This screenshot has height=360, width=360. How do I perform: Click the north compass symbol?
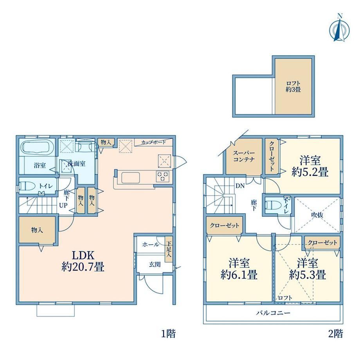point(339,29)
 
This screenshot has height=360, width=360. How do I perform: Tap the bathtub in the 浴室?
point(37,147)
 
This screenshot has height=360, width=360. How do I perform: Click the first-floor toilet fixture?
point(27,185)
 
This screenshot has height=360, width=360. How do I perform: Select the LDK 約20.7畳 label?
point(83,261)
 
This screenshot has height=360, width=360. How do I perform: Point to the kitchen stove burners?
point(163,176)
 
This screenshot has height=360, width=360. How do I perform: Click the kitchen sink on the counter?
point(131,178)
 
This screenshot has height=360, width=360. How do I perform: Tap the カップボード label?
point(153,142)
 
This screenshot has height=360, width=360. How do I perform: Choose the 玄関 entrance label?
point(155,265)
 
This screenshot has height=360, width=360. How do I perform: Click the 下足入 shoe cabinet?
point(169,250)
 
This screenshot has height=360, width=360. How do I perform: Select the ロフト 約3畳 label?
point(293,86)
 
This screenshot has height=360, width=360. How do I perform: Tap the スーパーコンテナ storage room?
point(244,157)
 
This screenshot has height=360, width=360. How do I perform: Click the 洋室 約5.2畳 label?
point(310,166)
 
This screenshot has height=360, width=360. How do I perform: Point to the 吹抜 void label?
point(317,215)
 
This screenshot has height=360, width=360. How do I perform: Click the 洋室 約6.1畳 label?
point(239,268)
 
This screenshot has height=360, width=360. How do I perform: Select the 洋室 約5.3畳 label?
point(308,268)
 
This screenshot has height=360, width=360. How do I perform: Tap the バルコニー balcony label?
point(273,313)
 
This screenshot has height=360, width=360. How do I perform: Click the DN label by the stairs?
point(240,186)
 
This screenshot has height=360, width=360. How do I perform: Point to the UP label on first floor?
point(63,205)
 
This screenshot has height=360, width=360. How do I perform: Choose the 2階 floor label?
point(336,334)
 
